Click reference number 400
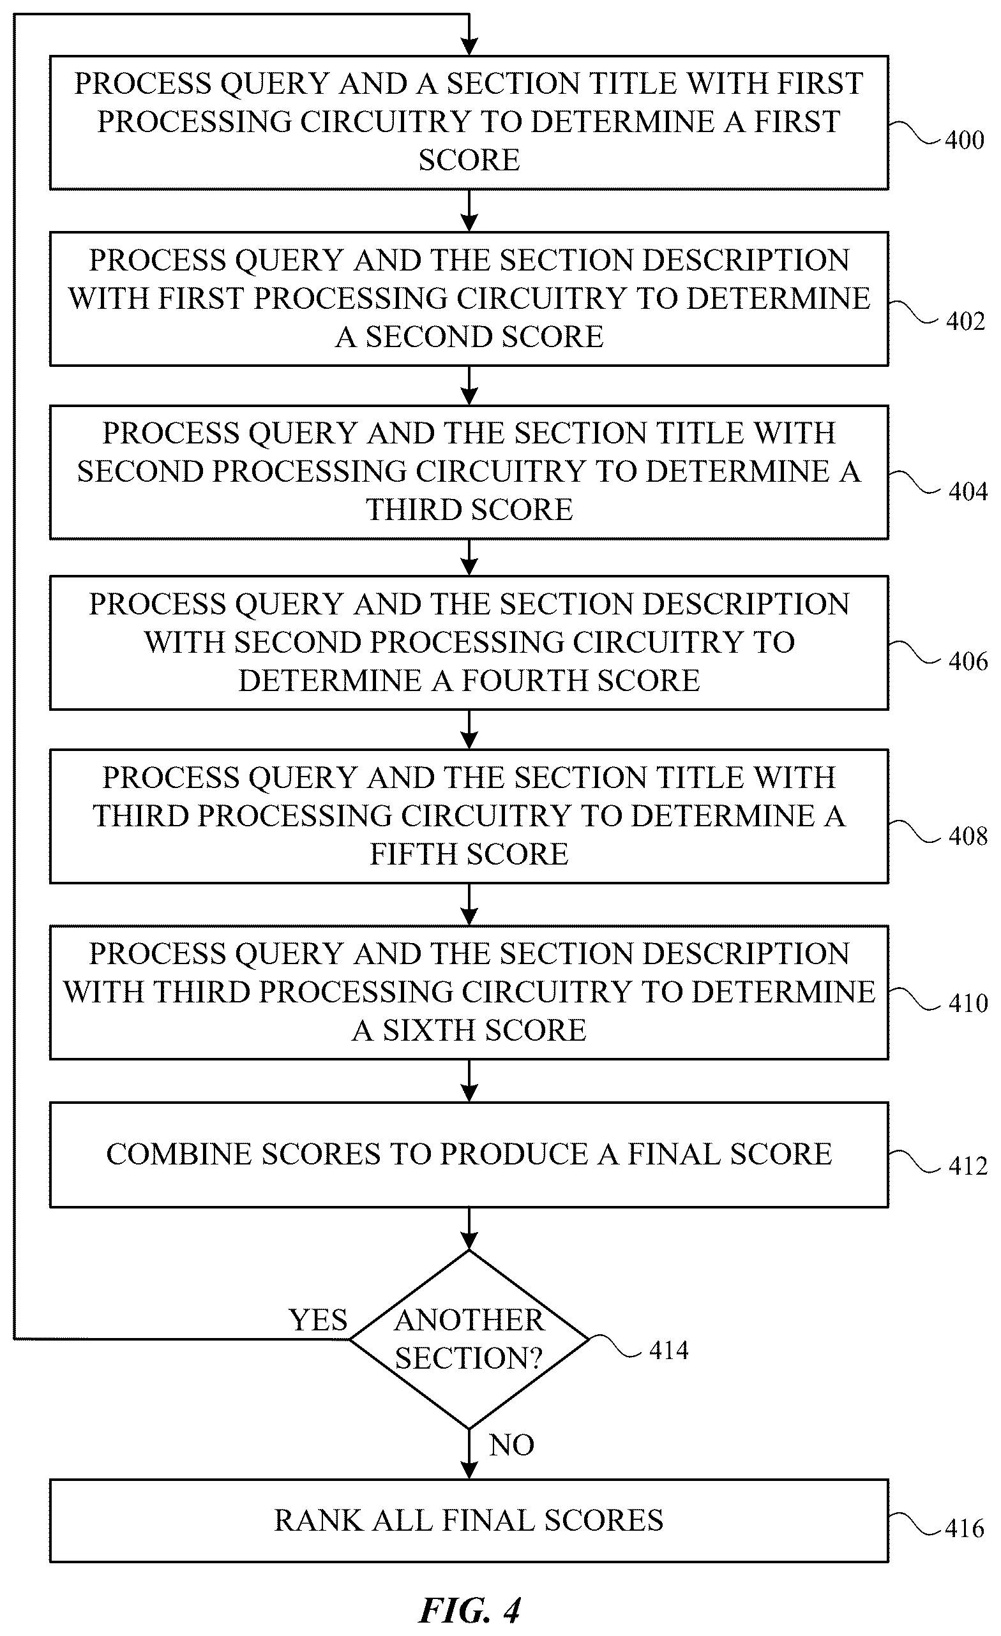(964, 140)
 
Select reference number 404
(968, 492)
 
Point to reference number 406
(968, 661)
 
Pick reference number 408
(968, 836)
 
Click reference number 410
(968, 1003)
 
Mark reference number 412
(968, 1166)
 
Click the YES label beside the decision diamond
(318, 1320)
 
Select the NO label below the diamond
(511, 1445)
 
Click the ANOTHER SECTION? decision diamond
(469, 1339)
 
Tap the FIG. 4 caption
(470, 1610)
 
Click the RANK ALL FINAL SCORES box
(469, 1521)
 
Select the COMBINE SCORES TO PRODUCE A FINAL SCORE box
(469, 1155)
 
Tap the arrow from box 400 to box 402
(469, 211)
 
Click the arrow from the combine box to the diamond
(469, 1228)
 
